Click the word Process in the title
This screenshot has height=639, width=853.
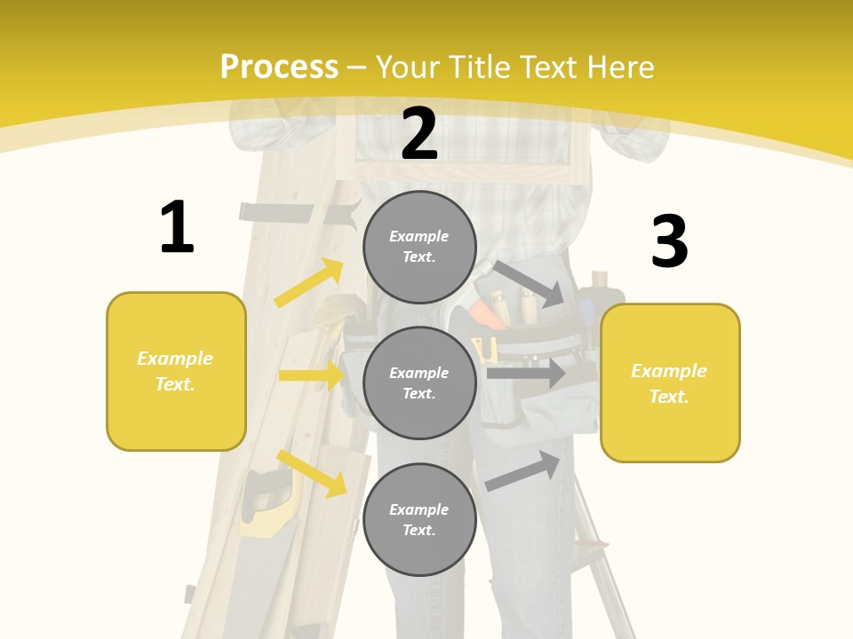pyautogui.click(x=279, y=67)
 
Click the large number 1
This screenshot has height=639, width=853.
pyautogui.click(x=177, y=228)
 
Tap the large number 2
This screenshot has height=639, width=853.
pyautogui.click(x=419, y=134)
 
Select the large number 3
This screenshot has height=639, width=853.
pyautogui.click(x=669, y=241)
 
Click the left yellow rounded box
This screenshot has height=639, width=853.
pyautogui.click(x=176, y=371)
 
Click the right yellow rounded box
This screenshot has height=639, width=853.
pyautogui.click(x=670, y=383)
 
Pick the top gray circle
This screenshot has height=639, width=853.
pyautogui.click(x=419, y=247)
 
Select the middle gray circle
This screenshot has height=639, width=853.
pyautogui.click(x=419, y=383)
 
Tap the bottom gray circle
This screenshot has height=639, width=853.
pyautogui.click(x=419, y=519)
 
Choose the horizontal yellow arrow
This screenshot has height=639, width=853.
pyautogui.click(x=312, y=375)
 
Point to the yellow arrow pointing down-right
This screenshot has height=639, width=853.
pyautogui.click(x=311, y=472)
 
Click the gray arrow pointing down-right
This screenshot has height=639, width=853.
pyautogui.click(x=528, y=283)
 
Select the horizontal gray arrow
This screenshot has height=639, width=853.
pyautogui.click(x=525, y=374)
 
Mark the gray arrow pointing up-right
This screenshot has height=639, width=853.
pyautogui.click(x=523, y=471)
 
